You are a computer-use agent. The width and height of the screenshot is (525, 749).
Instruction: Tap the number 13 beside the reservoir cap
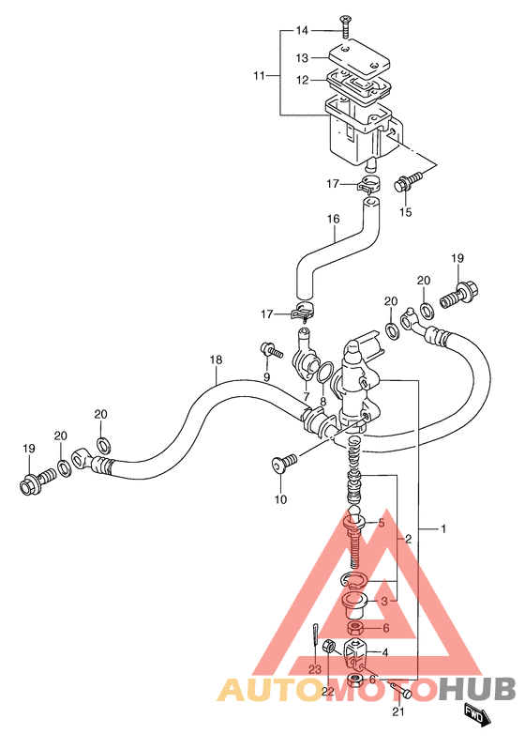[302, 58]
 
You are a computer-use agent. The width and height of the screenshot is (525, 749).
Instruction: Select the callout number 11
[259, 75]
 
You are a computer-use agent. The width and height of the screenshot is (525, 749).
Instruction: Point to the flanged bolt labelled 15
[408, 181]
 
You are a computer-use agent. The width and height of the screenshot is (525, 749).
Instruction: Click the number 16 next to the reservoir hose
[333, 219]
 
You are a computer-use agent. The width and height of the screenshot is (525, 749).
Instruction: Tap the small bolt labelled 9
[272, 351]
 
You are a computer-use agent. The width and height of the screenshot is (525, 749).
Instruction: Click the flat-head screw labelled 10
[283, 463]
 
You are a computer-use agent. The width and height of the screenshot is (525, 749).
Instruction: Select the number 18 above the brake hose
[217, 359]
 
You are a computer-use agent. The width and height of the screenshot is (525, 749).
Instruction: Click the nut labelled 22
[329, 648]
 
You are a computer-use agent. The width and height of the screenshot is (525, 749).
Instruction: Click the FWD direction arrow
[477, 714]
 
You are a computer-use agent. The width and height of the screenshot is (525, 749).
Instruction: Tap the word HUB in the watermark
[477, 689]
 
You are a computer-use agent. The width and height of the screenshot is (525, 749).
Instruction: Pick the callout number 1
[442, 528]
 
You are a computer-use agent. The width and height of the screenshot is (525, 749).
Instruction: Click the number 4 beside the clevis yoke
[384, 652]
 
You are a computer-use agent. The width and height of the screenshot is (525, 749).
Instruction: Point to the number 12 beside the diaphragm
[303, 81]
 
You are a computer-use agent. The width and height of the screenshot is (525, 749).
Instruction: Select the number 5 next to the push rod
[381, 523]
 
